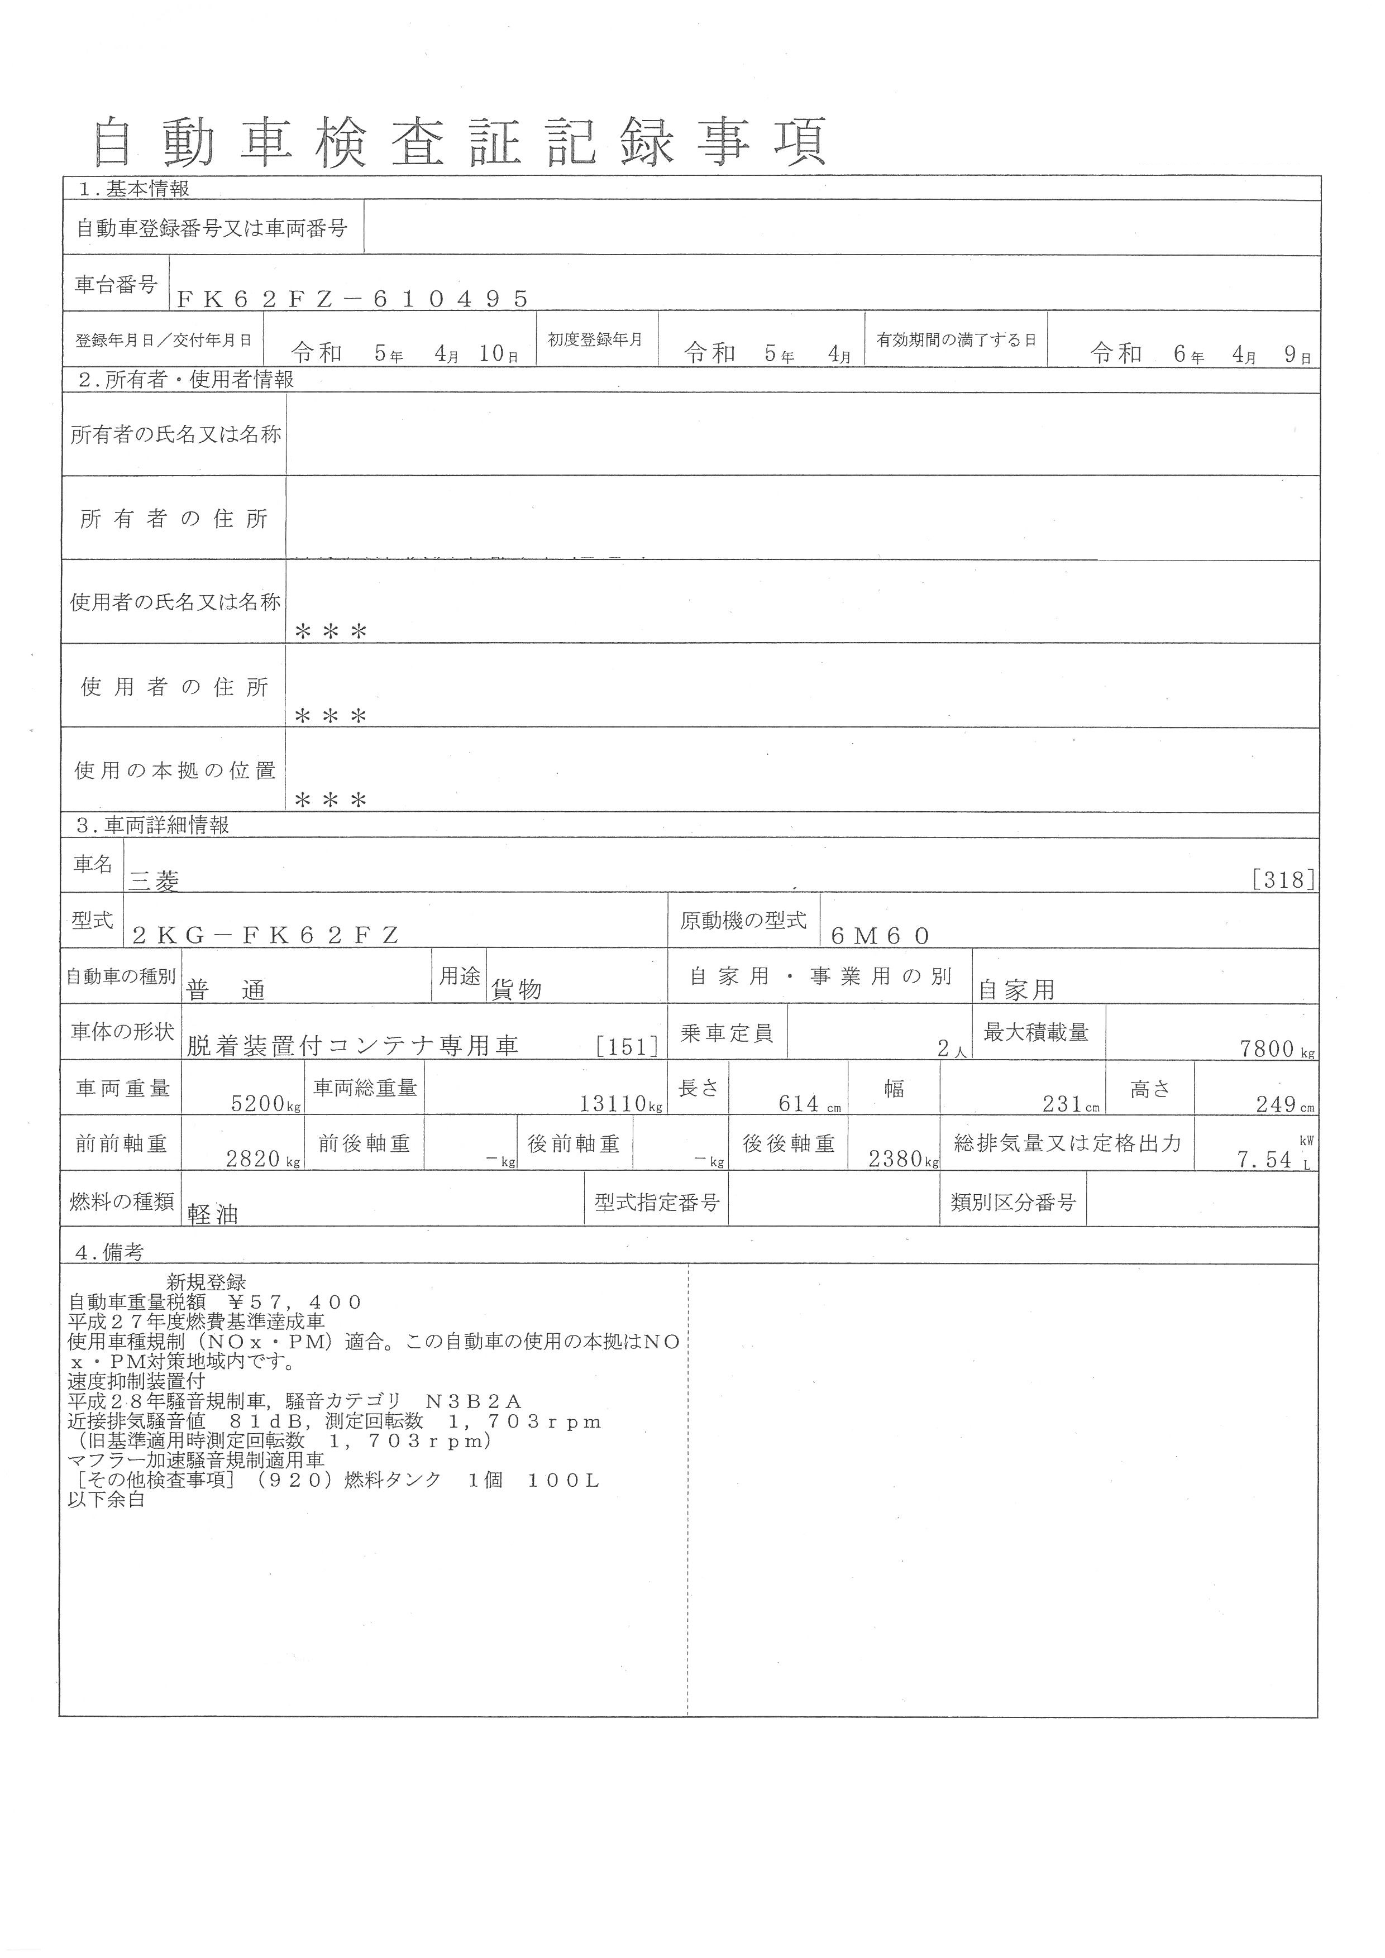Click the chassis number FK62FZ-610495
coord(352,298)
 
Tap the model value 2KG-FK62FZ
coord(265,936)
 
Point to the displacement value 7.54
coord(1265,1160)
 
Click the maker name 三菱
coord(154,881)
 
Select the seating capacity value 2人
coord(952,1049)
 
